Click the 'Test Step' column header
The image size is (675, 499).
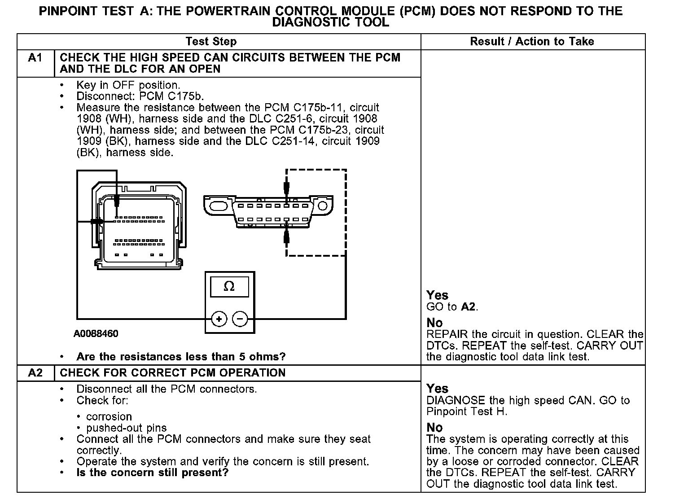tap(211, 42)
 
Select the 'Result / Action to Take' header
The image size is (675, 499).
tap(532, 42)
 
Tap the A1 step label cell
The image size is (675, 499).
tap(35, 58)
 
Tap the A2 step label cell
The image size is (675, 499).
tap(35, 373)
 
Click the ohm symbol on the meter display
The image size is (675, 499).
tap(229, 286)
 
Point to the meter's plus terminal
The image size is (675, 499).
tap(219, 319)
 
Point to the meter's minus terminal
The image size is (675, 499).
tap(240, 319)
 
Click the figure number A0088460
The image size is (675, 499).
tap(96, 334)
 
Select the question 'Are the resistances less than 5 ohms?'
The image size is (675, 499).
tap(181, 357)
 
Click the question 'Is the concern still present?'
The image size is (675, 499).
tap(153, 473)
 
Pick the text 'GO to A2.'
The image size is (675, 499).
tap(452, 307)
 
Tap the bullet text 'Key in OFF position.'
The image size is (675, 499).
tap(128, 85)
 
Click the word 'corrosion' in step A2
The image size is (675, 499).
tap(109, 416)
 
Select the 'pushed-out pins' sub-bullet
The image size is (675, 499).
tap(126, 428)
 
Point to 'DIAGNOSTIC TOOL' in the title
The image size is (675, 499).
tap(331, 22)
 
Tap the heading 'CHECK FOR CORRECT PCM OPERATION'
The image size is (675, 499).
tap(173, 373)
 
